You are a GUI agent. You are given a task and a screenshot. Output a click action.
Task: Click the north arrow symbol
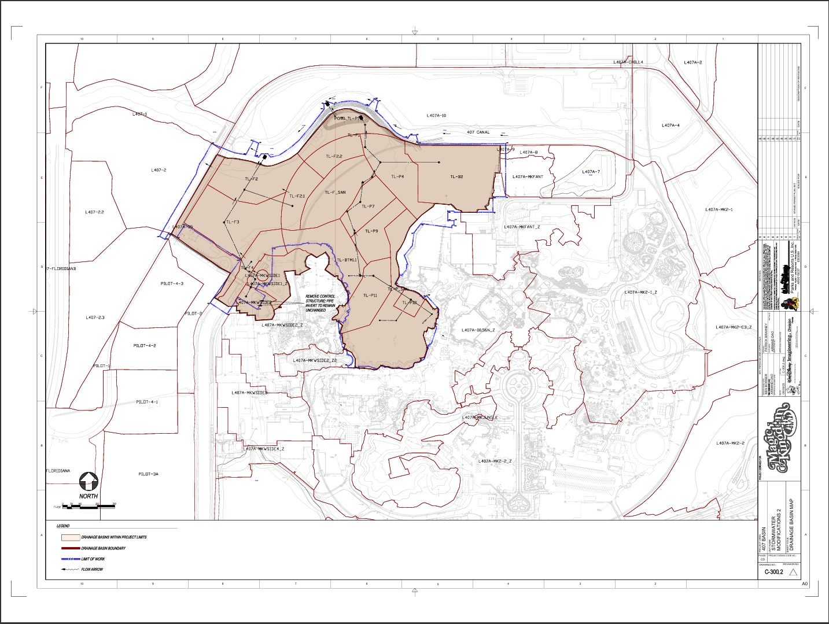click(x=88, y=481)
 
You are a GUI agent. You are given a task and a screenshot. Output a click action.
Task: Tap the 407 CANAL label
click(x=478, y=132)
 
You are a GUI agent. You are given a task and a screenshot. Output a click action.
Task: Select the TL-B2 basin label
click(x=456, y=177)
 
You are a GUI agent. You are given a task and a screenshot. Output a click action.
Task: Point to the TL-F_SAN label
click(x=335, y=193)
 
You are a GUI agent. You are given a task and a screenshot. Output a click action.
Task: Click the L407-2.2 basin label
click(x=94, y=212)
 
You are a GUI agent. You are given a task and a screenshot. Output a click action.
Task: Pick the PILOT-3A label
click(x=148, y=474)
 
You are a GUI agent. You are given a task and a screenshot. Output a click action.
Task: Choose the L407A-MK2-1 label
click(x=719, y=209)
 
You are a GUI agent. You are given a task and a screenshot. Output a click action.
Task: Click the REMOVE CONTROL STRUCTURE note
click(x=320, y=303)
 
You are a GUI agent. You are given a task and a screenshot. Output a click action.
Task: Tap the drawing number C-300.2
click(x=773, y=572)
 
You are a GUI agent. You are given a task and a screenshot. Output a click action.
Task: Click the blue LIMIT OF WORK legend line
click(x=70, y=559)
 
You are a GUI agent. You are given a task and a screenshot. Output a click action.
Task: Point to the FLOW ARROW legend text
click(x=92, y=570)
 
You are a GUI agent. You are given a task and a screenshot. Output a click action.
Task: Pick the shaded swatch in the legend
click(x=70, y=537)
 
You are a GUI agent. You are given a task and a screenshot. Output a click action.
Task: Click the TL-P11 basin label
click(x=370, y=296)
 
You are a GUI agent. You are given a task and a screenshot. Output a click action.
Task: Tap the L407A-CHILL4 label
click(x=628, y=62)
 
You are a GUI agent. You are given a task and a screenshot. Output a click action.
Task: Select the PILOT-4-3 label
click(x=172, y=283)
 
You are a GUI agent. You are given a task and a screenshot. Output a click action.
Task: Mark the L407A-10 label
click(x=436, y=116)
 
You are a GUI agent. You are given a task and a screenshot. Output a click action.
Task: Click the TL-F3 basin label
click(x=233, y=222)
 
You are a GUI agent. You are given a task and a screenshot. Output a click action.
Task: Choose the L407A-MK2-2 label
click(x=730, y=444)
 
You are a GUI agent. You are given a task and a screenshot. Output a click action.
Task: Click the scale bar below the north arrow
click(x=89, y=507)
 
